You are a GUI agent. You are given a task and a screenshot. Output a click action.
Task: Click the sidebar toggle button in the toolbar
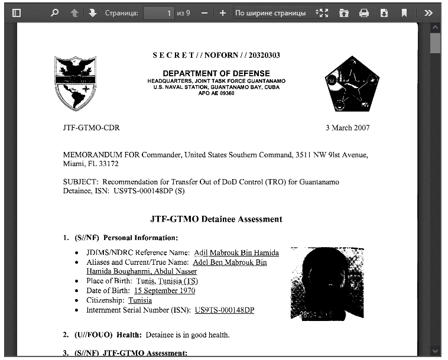point(17,12)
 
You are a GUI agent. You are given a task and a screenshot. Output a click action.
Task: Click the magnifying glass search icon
point(55,12)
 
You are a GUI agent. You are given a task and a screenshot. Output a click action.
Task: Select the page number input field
point(158,12)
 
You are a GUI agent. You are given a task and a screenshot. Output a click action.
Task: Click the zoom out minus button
point(204,12)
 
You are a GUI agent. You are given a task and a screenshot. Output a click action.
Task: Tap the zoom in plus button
point(222,12)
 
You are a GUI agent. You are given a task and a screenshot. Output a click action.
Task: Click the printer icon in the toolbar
point(364,12)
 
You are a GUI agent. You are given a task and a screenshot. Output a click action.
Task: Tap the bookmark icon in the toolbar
point(404,12)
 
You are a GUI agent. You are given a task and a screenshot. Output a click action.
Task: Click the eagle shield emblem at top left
point(75,83)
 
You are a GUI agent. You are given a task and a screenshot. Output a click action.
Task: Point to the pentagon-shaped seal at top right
point(352,84)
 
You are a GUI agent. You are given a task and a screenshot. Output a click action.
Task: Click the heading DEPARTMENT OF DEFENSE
point(216,73)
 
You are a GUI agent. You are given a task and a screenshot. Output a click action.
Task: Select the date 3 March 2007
point(348,128)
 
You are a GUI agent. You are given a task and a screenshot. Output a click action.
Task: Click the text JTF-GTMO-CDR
point(91,128)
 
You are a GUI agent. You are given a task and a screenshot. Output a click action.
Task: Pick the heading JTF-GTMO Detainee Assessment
point(216,219)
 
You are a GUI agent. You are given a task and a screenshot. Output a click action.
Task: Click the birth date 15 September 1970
point(164,291)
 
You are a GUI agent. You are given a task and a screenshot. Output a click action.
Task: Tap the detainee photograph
point(327,284)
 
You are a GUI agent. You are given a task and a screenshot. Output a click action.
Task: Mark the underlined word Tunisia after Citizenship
point(140,300)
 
